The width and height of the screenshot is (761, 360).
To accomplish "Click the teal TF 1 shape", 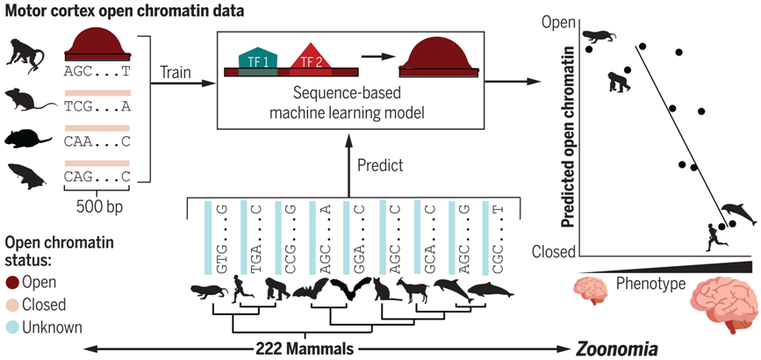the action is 258,60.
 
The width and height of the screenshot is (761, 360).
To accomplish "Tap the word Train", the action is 176,72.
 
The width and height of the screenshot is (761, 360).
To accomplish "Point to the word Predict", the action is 380,166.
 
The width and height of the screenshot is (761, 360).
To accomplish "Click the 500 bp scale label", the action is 98,207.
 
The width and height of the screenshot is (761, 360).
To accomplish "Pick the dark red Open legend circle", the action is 12,282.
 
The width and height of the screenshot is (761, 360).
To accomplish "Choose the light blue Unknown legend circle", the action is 12,328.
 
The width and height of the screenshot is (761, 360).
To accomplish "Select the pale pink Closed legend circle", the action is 12,305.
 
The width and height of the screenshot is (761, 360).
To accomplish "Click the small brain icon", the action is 591,291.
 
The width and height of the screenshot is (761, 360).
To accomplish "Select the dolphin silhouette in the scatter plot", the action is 739,212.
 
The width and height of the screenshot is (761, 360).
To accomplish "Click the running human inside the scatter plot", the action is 716,238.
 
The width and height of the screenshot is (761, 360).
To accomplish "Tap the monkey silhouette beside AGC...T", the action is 25,55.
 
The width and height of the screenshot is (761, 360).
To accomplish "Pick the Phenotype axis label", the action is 650,284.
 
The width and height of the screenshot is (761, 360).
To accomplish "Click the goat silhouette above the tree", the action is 413,291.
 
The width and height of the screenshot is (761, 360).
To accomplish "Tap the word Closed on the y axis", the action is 554,252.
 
